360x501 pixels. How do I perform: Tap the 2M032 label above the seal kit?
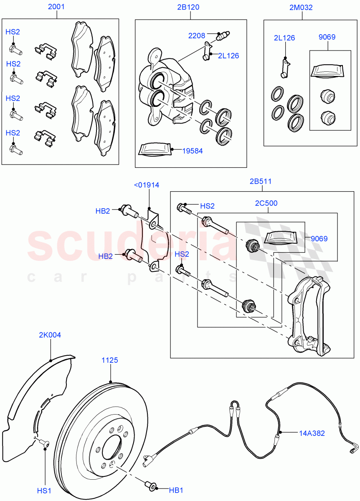300,7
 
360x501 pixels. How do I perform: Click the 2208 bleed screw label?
197,35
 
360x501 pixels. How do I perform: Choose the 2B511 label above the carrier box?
261,182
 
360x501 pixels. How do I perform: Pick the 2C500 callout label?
266,203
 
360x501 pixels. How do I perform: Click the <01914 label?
147,185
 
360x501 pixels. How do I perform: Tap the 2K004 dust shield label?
50,335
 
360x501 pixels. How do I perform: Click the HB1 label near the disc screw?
176,490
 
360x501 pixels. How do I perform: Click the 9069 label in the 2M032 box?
327,37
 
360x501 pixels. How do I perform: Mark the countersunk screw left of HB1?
150,486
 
